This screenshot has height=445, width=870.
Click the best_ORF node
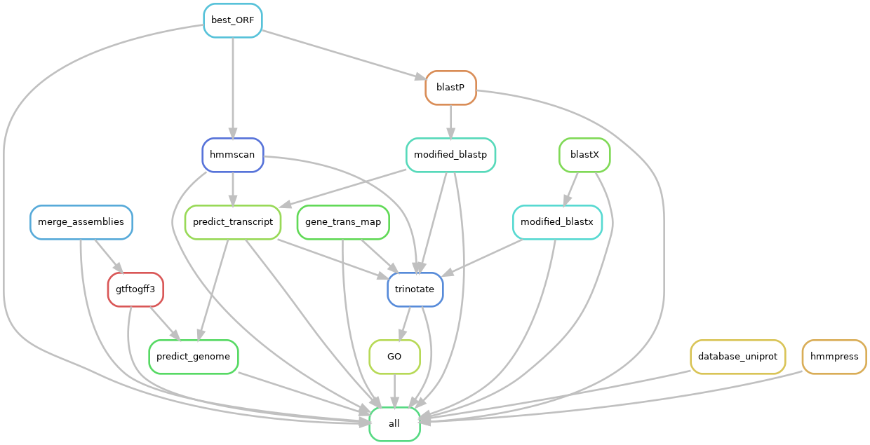[232, 20]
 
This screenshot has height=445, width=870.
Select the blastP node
[450, 88]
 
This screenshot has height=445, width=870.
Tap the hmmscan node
[232, 155]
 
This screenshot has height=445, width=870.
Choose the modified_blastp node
[450, 155]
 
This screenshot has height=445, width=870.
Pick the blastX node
[584, 155]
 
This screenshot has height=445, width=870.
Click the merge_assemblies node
[81, 222]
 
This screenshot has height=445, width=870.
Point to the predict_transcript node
[232, 222]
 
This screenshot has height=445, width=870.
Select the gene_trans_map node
[343, 222]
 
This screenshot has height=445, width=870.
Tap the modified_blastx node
[557, 222]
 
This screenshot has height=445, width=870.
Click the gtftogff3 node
[135, 289]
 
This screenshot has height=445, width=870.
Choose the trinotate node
[415, 289]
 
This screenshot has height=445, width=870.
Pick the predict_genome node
[194, 357]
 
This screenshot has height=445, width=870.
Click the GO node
[394, 357]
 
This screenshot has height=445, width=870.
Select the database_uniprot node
[737, 357]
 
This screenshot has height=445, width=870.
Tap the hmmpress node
[834, 357]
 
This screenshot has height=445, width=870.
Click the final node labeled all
[394, 424]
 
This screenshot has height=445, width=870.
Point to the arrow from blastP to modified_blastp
[450, 121]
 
